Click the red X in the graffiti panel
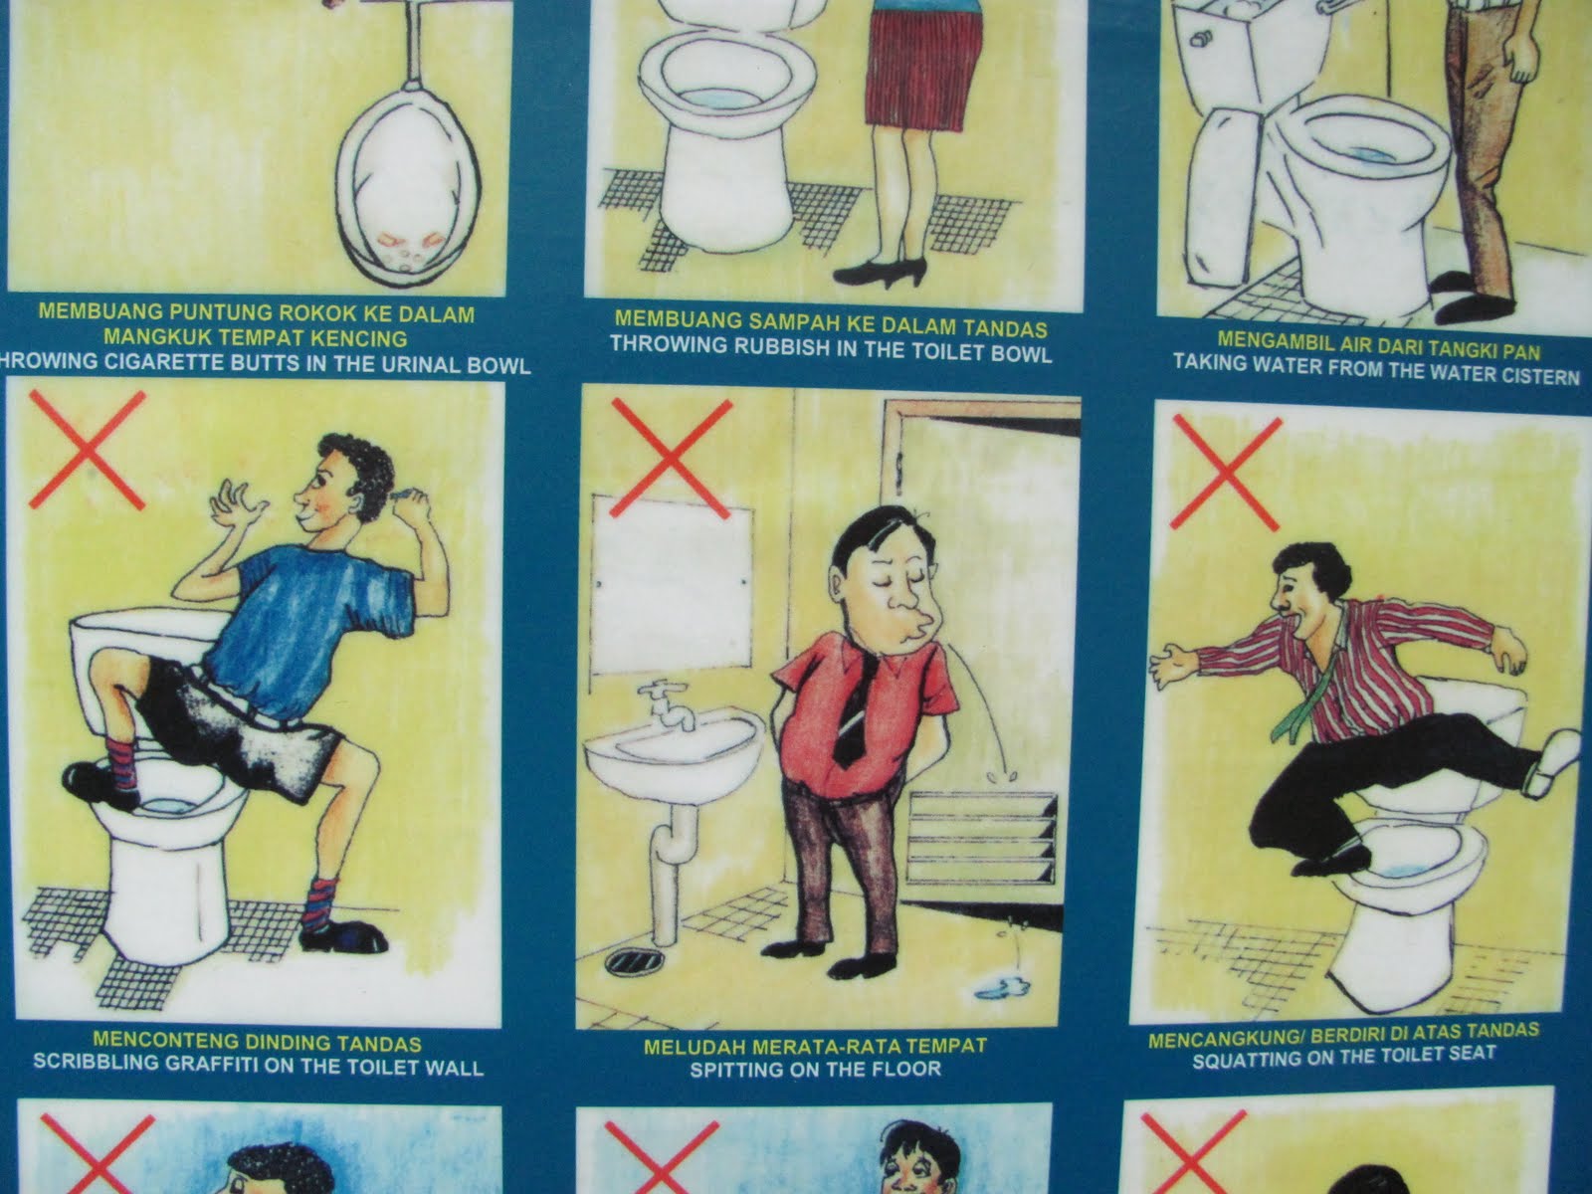pyautogui.click(x=87, y=450)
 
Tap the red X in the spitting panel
pyautogui.click(x=671, y=458)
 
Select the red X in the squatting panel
pyautogui.click(x=1226, y=473)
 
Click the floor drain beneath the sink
pyautogui.click(x=634, y=960)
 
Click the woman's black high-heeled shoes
pyautogui.click(x=880, y=274)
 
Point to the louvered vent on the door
pyautogui.click(x=982, y=838)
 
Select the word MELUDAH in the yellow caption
pyautogui.click(x=687, y=1047)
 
